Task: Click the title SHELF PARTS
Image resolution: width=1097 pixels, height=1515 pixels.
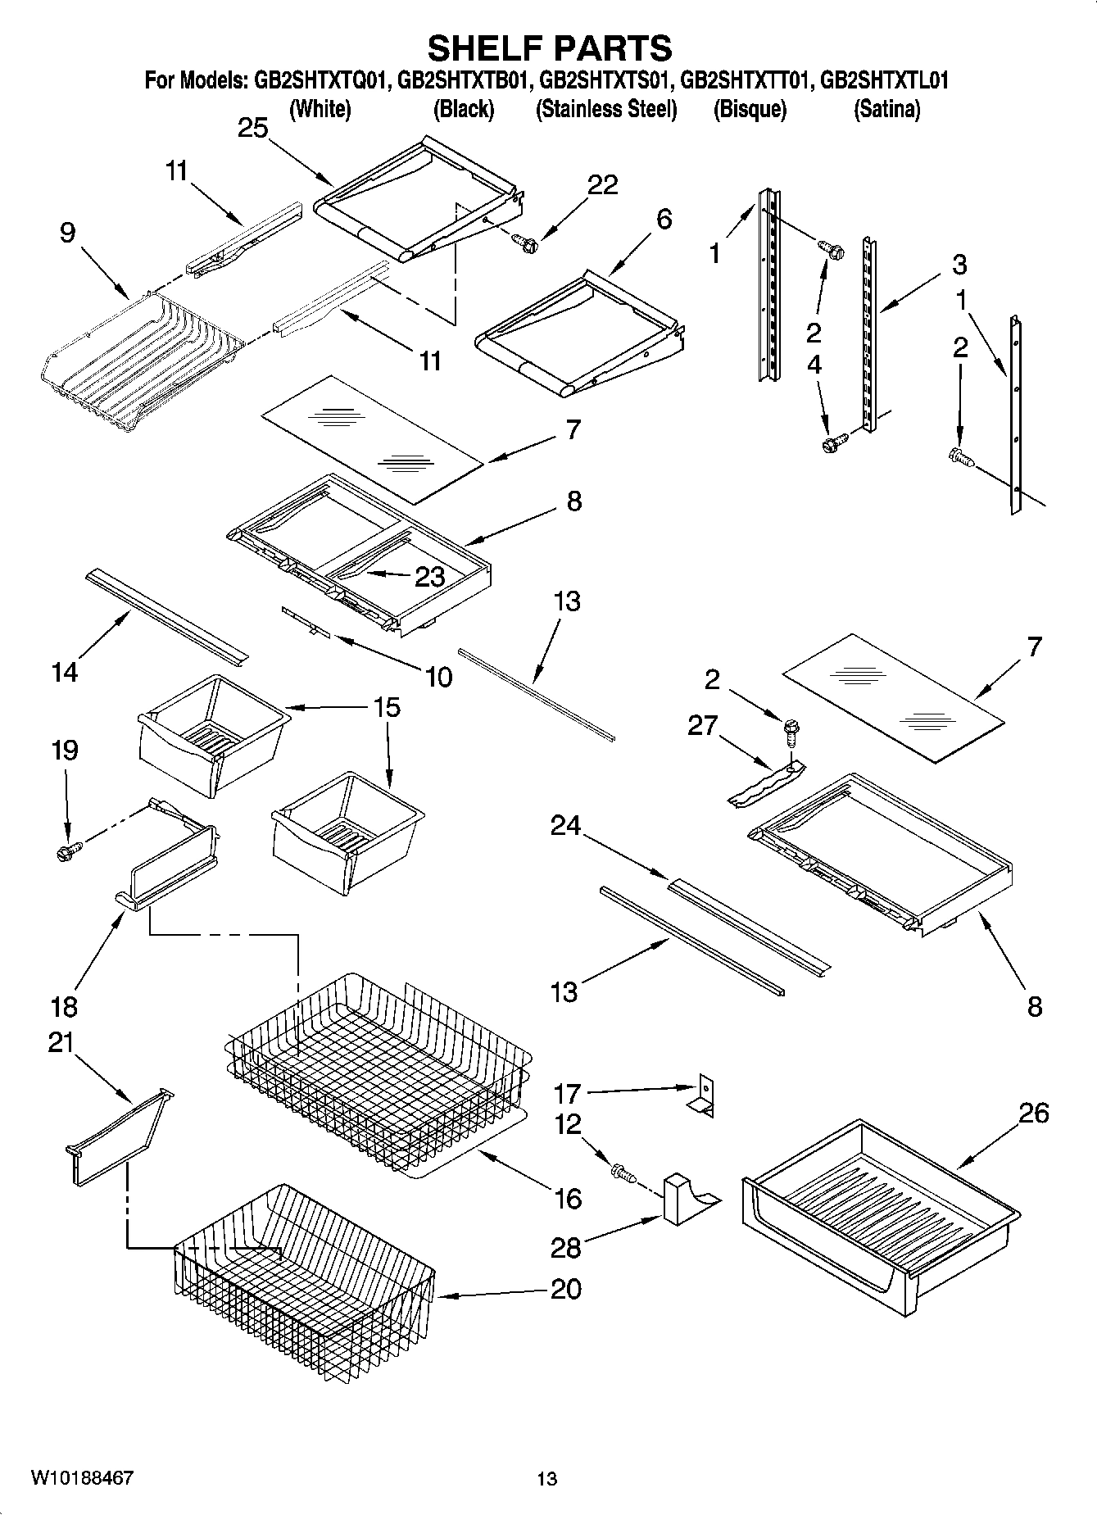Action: tap(550, 48)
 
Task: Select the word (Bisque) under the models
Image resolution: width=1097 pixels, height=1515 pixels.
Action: tap(750, 109)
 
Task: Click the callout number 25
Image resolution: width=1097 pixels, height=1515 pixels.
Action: tap(253, 128)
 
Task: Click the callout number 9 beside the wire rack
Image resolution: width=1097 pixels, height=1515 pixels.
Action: tap(67, 234)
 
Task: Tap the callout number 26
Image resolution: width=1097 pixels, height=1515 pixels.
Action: tap(1034, 1114)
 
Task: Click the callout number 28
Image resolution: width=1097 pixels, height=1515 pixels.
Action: tap(566, 1248)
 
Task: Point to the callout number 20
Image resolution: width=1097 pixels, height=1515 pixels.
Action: tap(566, 1289)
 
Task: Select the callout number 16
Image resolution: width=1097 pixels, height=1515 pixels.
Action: tap(568, 1199)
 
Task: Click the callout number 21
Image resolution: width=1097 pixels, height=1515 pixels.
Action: tap(61, 1043)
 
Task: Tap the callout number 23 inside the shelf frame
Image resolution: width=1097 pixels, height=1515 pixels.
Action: tap(429, 577)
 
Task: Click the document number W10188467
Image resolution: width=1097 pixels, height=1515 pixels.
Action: tap(82, 1479)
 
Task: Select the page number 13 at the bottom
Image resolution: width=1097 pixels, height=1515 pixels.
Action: tap(547, 1479)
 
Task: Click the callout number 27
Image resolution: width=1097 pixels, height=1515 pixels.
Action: tap(703, 725)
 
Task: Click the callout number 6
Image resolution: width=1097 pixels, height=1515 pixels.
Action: tap(664, 219)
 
